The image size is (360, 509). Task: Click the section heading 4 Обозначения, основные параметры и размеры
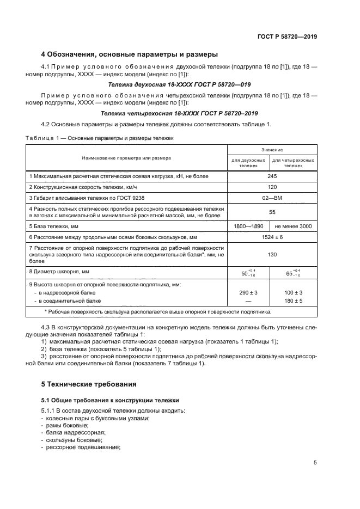point(130,54)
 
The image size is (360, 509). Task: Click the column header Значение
point(272,149)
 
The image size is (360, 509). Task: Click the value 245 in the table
point(272,176)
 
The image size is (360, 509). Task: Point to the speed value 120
point(272,187)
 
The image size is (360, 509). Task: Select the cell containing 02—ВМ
point(272,198)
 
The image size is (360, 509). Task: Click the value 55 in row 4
point(272,212)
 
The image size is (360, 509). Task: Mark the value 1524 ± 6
point(272,237)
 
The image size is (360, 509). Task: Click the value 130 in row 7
point(272,254)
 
